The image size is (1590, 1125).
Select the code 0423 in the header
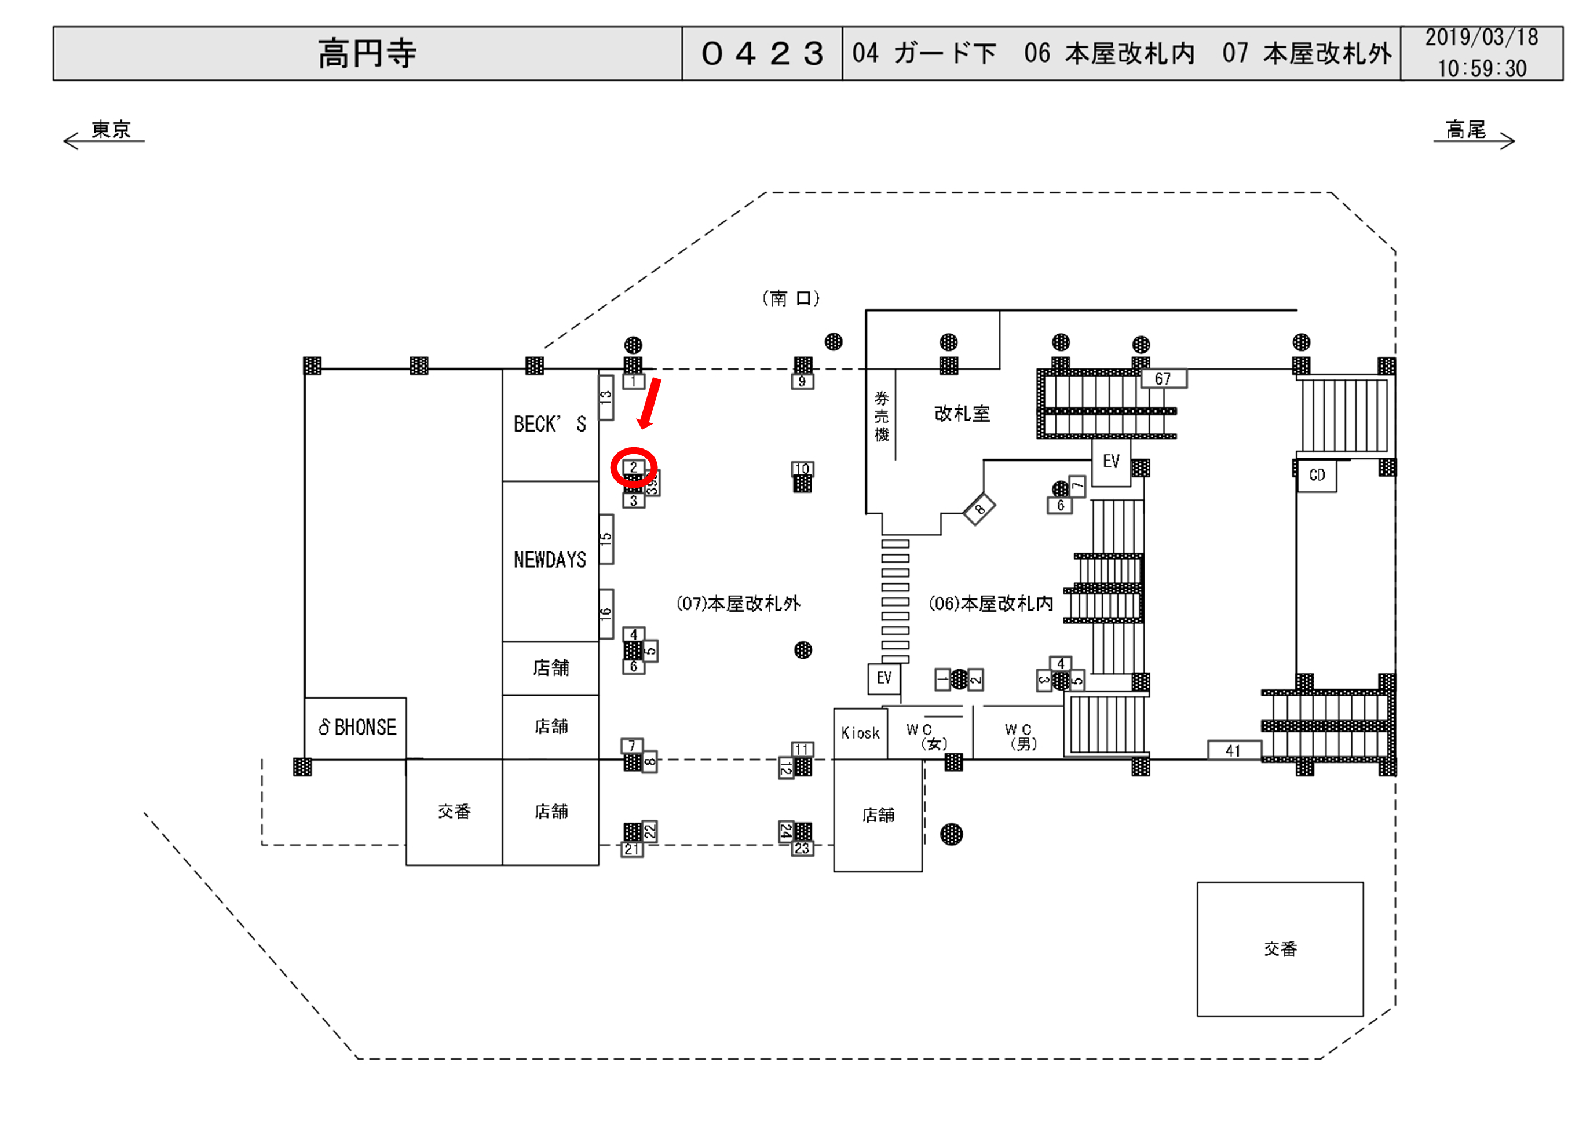pyautogui.click(x=762, y=53)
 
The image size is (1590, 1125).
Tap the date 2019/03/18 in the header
pyautogui.click(x=1481, y=38)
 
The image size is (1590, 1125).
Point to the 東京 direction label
pyautogui.click(x=111, y=130)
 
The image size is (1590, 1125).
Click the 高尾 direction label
pyautogui.click(x=1465, y=130)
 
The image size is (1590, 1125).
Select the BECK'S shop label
pyautogui.click(x=550, y=424)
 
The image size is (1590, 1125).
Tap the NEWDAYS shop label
pyautogui.click(x=550, y=560)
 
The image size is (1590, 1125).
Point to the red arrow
pyautogui.click(x=649, y=403)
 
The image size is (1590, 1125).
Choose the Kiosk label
pyautogui.click(x=860, y=733)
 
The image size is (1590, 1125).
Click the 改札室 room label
pyautogui.click(x=962, y=414)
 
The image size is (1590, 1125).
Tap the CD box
pyautogui.click(x=1317, y=475)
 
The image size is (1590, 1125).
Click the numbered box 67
pyautogui.click(x=1163, y=379)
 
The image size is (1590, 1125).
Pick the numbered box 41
pyautogui.click(x=1233, y=751)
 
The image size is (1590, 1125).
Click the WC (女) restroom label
pyautogui.click(x=927, y=736)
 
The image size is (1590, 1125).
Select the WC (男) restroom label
pyautogui.click(x=1019, y=736)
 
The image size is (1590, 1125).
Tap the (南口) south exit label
pyautogui.click(x=791, y=298)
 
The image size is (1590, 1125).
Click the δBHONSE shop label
pyautogui.click(x=357, y=728)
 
